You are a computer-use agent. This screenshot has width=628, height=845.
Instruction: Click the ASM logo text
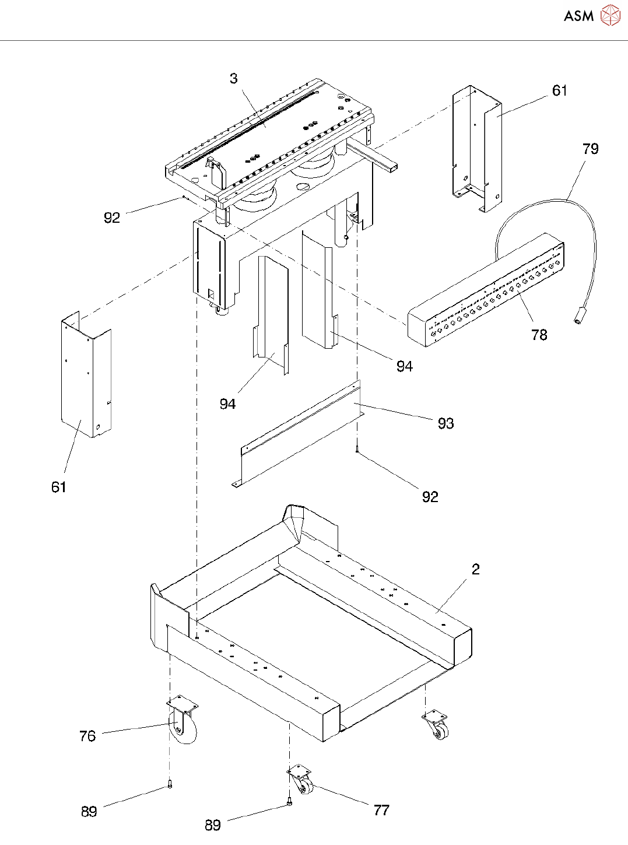tap(578, 16)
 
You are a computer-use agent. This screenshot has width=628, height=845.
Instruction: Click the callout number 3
tap(233, 79)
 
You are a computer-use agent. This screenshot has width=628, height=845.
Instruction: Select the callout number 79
tap(590, 149)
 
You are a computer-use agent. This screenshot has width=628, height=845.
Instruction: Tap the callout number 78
tap(539, 335)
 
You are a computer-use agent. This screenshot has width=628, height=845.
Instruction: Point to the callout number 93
tap(445, 423)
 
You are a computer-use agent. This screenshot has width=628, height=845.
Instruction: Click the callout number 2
tap(475, 569)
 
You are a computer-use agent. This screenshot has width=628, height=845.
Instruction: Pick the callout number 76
tap(87, 736)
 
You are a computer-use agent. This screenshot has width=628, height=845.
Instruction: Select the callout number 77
tap(381, 810)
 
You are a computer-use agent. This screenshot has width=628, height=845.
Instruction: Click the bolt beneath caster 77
tap(289, 804)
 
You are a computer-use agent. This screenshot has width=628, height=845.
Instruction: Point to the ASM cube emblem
tap(610, 15)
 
